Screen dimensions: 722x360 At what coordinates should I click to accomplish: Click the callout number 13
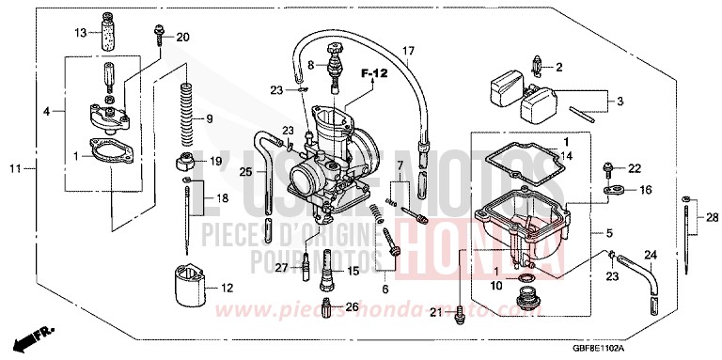(81, 32)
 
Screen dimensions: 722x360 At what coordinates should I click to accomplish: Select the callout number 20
(182, 37)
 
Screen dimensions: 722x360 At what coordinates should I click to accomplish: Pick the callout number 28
(712, 217)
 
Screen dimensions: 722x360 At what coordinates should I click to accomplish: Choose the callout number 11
(14, 169)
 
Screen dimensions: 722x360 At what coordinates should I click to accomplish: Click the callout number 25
(245, 172)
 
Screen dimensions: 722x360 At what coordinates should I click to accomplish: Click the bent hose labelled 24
(649, 281)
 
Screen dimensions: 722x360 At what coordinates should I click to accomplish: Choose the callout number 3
(618, 101)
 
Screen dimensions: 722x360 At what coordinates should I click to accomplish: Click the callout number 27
(281, 268)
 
